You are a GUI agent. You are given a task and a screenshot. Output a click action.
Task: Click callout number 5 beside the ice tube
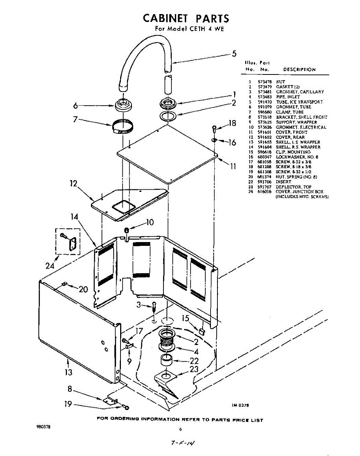click(x=235, y=54)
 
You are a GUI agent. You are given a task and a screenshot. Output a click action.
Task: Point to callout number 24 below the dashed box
click(x=50, y=266)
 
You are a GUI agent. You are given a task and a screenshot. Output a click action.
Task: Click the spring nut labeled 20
click(x=65, y=283)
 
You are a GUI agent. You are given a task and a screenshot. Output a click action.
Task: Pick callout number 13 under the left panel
click(x=68, y=372)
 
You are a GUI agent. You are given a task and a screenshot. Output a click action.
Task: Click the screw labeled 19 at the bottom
click(x=126, y=407)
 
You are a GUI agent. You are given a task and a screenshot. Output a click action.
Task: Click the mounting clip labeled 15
click(x=202, y=331)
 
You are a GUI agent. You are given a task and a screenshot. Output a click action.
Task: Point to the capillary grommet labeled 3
click(x=154, y=306)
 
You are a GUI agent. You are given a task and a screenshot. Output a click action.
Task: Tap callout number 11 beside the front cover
click(x=233, y=166)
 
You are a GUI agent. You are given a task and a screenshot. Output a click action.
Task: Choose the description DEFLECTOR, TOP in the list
click(x=288, y=187)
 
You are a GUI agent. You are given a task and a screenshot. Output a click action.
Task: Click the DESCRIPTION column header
click(x=299, y=70)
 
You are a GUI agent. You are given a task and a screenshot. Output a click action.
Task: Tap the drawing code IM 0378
click(x=240, y=405)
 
